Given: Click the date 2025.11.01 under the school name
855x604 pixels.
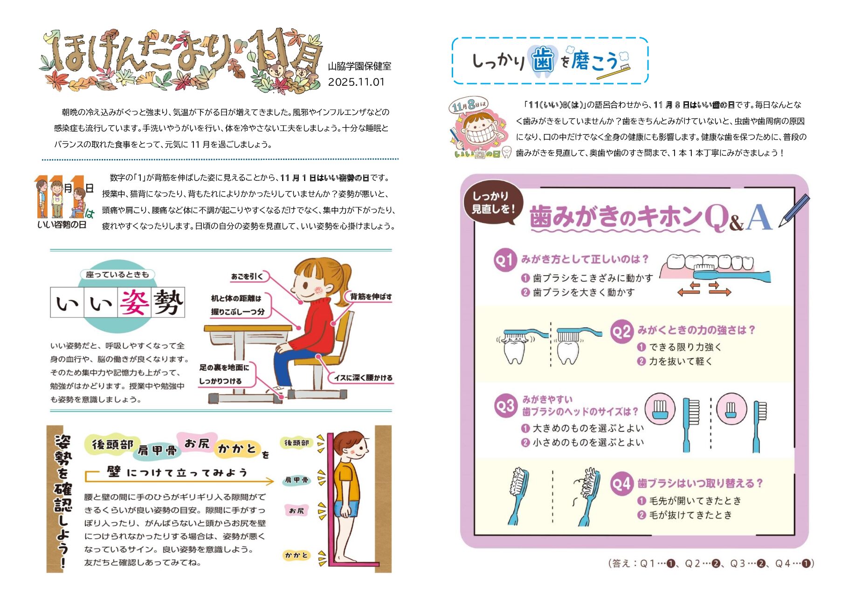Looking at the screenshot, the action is pos(356,82).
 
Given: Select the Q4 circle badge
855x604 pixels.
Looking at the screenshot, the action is pos(621,484).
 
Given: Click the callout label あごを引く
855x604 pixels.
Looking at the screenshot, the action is pos(247,277).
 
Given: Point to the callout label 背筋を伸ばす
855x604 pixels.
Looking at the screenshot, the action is pos(371,297).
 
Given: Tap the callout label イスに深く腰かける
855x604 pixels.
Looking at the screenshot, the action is pos(363,377).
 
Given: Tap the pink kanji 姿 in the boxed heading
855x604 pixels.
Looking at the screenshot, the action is pos(134,303).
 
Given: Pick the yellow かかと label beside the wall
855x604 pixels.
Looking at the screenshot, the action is pos(296,555).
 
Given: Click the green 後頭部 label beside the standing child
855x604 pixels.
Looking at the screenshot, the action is pos(296,443).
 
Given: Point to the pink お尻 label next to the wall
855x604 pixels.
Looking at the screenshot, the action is pos(296,511).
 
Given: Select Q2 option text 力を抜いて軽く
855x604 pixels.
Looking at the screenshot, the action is pos(681,361).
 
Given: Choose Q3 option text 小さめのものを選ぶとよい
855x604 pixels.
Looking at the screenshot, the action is pos(588,443).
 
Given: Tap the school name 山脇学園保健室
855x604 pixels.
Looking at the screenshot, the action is pos(359,66).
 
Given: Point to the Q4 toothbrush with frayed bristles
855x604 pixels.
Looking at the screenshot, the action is pos(587,495).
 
